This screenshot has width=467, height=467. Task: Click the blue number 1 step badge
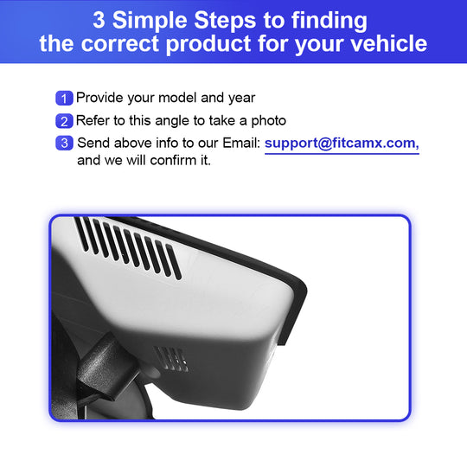click(64, 99)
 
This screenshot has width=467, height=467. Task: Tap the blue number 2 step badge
click(64, 121)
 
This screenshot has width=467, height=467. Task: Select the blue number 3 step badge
click(64, 143)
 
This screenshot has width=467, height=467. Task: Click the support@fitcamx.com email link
click(342, 144)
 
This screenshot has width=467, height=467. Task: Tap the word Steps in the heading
click(225, 21)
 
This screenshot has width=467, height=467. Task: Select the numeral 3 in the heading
click(99, 20)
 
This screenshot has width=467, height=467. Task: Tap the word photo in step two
click(269, 121)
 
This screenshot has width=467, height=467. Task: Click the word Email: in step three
click(241, 143)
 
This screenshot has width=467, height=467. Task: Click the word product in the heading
click(208, 44)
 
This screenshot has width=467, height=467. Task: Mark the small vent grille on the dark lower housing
click(171, 359)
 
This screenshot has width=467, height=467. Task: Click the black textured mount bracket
click(107, 367)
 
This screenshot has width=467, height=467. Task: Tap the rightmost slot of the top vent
click(174, 262)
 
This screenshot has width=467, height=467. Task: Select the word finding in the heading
click(329, 21)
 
